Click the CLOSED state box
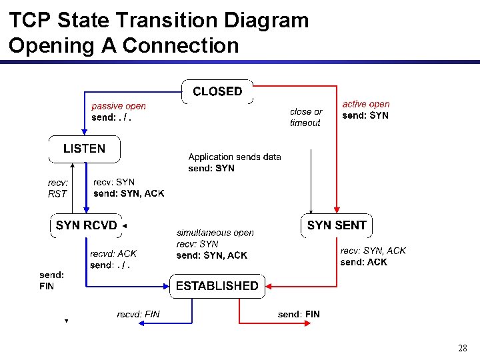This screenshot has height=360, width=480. tap(217, 91)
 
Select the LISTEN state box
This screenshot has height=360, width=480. tap(84, 149)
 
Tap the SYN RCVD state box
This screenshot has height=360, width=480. tap(87, 225)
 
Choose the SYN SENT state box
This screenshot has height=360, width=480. tap(337, 225)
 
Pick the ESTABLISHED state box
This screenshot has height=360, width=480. tap(217, 286)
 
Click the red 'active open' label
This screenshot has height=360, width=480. tap(366, 104)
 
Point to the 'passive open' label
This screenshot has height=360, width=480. tap(119, 106)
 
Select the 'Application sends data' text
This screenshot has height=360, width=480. tap(235, 157)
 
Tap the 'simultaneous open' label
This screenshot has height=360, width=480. tap(215, 233)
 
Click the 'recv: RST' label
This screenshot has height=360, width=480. tap(58, 188)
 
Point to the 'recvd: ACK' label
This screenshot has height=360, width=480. tap(113, 253)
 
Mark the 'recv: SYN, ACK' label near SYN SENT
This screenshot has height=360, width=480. tap(373, 251)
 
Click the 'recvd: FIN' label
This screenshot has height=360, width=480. tap(138, 314)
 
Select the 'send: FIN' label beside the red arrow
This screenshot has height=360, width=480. tap(299, 314)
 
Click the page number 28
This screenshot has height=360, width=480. tap(463, 348)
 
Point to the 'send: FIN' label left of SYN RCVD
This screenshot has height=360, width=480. tap(51, 280)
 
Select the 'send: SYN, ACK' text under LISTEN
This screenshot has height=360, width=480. tap(129, 193)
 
